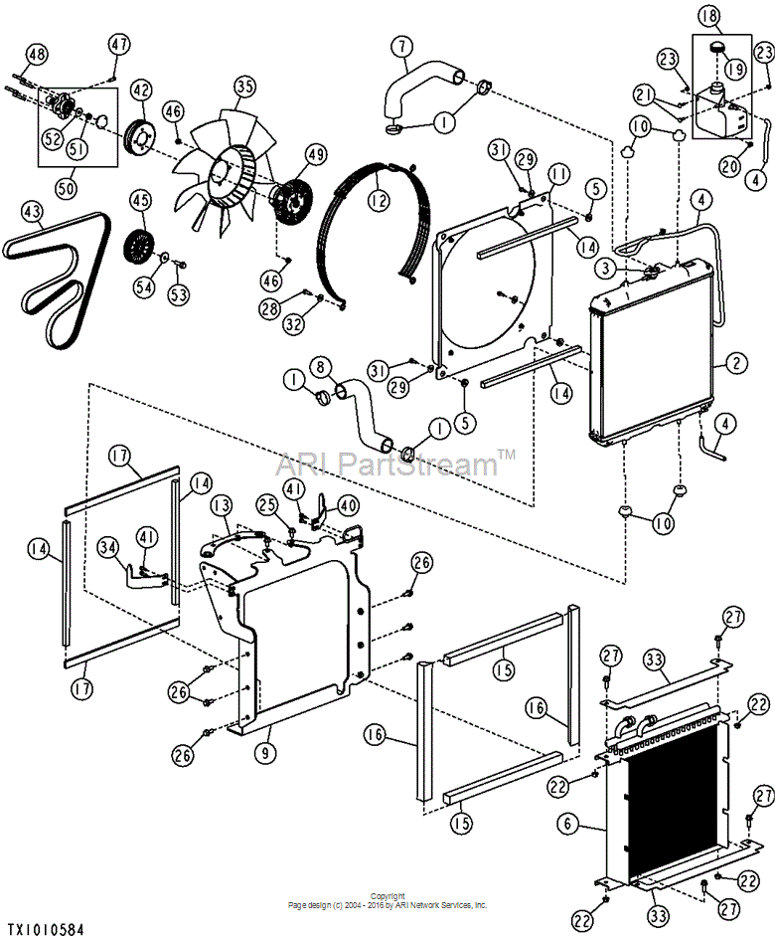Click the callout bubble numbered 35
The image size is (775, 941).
point(244,87)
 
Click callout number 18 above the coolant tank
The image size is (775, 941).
point(709,16)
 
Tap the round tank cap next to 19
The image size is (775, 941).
point(716,47)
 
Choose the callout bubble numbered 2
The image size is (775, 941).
point(736,362)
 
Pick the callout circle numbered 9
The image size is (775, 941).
point(265,753)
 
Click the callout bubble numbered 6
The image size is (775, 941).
point(567,824)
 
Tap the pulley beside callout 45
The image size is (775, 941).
point(138,247)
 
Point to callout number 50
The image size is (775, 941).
point(67,188)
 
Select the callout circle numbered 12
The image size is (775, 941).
point(379,200)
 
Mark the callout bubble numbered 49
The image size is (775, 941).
point(317,155)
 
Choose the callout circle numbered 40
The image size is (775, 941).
point(348,505)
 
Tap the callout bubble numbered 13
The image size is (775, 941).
point(221,506)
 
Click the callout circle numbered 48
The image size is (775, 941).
point(37,55)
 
